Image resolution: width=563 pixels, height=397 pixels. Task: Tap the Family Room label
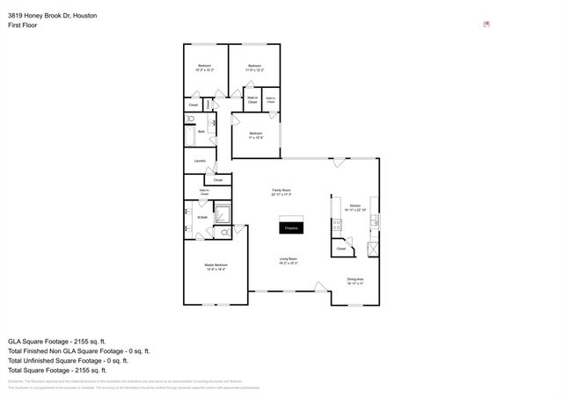pos(281,190)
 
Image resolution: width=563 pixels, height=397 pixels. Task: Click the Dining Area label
pos(355,279)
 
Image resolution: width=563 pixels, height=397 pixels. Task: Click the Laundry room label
pos(200,161)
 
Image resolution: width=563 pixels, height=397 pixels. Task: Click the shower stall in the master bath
pos(223,213)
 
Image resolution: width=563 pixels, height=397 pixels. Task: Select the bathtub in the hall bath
pos(190,136)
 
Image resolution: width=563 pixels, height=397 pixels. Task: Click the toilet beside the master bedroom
pos(225,232)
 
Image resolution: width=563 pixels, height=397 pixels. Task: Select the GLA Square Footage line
pos(56,341)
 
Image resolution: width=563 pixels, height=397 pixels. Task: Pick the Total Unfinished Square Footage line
pos(68,360)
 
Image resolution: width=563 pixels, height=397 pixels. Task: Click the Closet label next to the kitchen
pos(341,249)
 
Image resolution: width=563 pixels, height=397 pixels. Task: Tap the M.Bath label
pos(201,217)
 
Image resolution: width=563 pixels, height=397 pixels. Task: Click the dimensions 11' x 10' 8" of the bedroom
pos(256,138)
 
